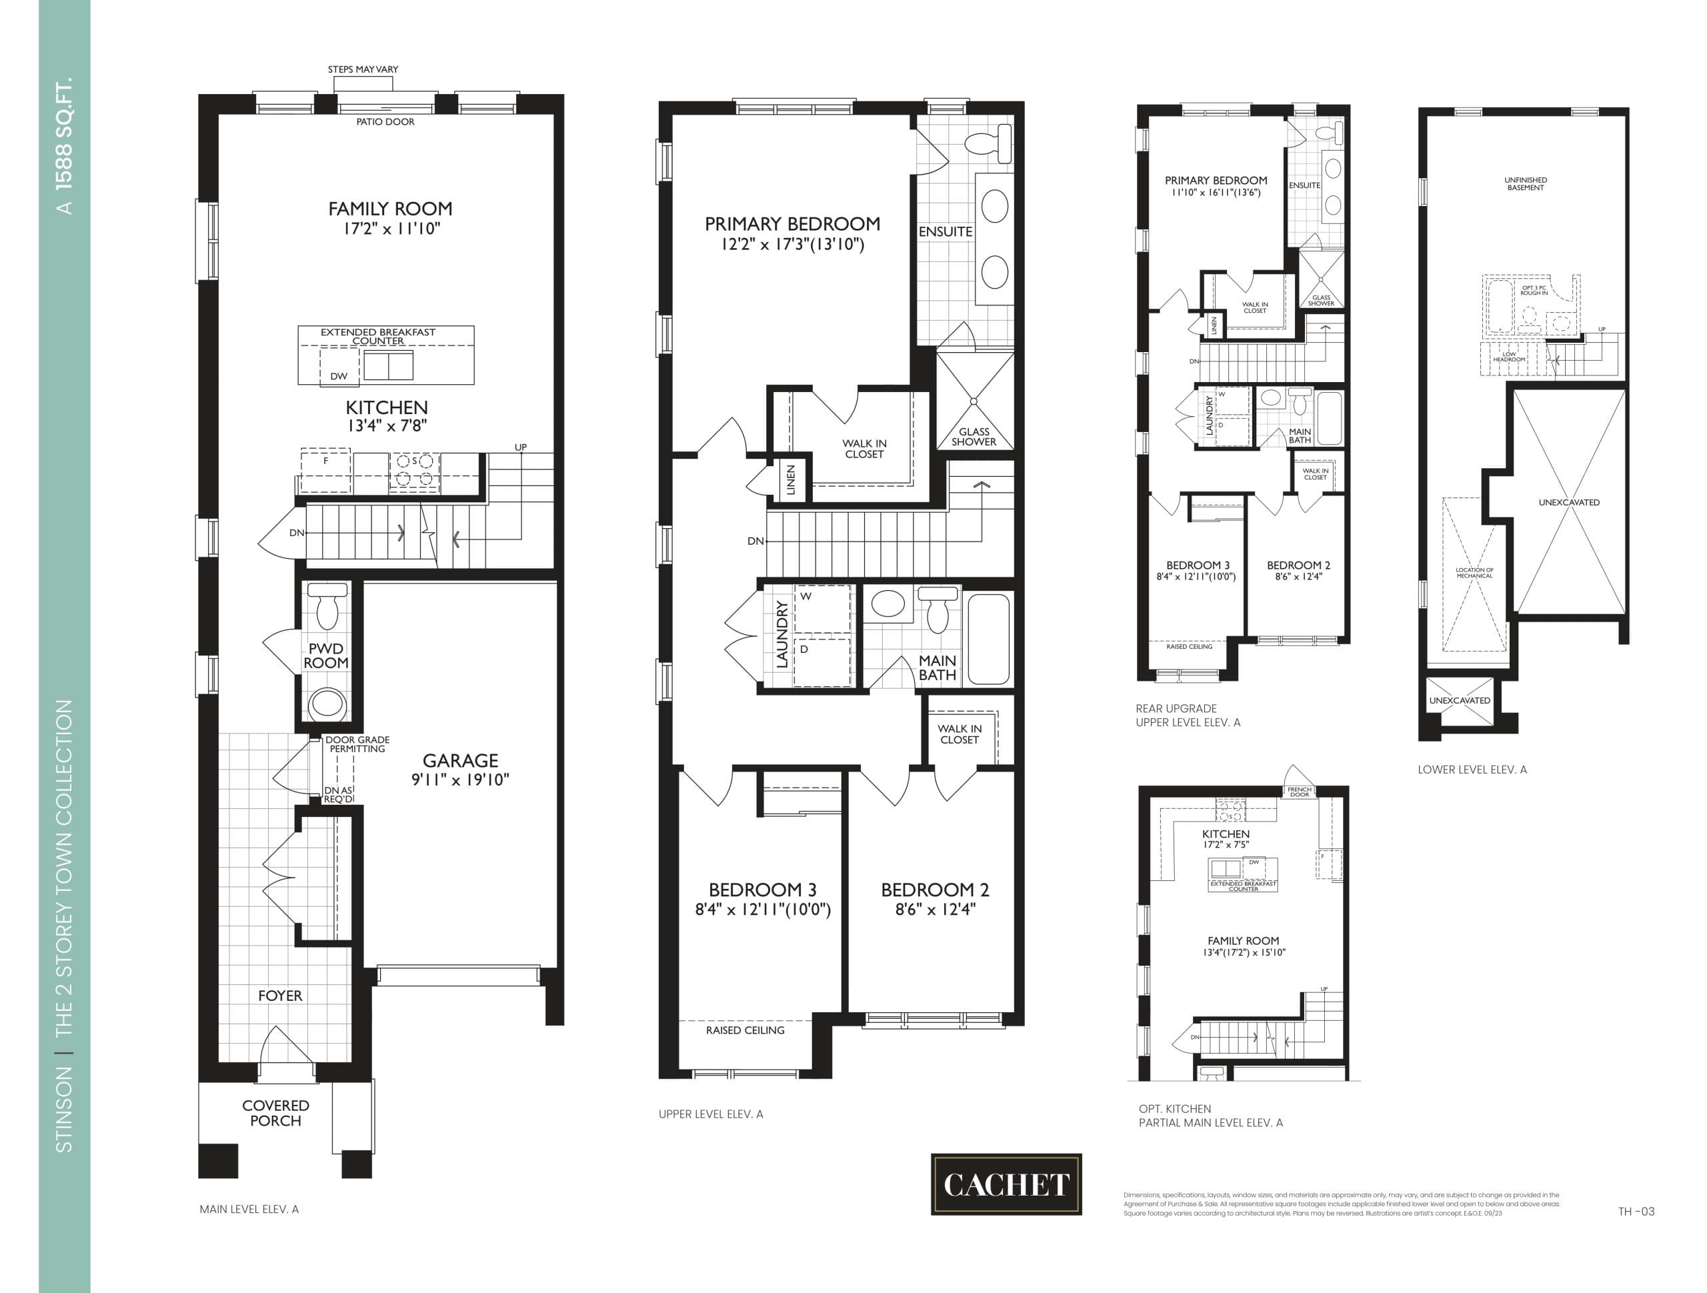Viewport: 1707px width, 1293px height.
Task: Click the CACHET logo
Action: (1006, 1184)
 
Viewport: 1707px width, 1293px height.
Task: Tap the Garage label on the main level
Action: (460, 760)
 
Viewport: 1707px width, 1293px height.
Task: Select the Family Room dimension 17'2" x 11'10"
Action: (391, 229)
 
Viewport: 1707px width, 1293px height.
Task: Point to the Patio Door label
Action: (385, 122)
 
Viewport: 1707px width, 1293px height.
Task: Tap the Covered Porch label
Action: (275, 1112)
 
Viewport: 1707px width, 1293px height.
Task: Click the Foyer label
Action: (280, 996)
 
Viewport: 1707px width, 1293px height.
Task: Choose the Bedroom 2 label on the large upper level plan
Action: (935, 890)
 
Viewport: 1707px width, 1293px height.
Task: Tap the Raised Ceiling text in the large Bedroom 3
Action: (745, 1030)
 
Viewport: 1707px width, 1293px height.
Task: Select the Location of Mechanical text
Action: (1474, 573)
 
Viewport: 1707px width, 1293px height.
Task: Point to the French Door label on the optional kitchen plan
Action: (1300, 792)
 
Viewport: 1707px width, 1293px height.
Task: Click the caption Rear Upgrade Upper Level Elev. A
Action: (1188, 716)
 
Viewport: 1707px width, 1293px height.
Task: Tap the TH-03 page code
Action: (1636, 1211)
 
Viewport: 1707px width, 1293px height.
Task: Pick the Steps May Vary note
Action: (363, 69)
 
